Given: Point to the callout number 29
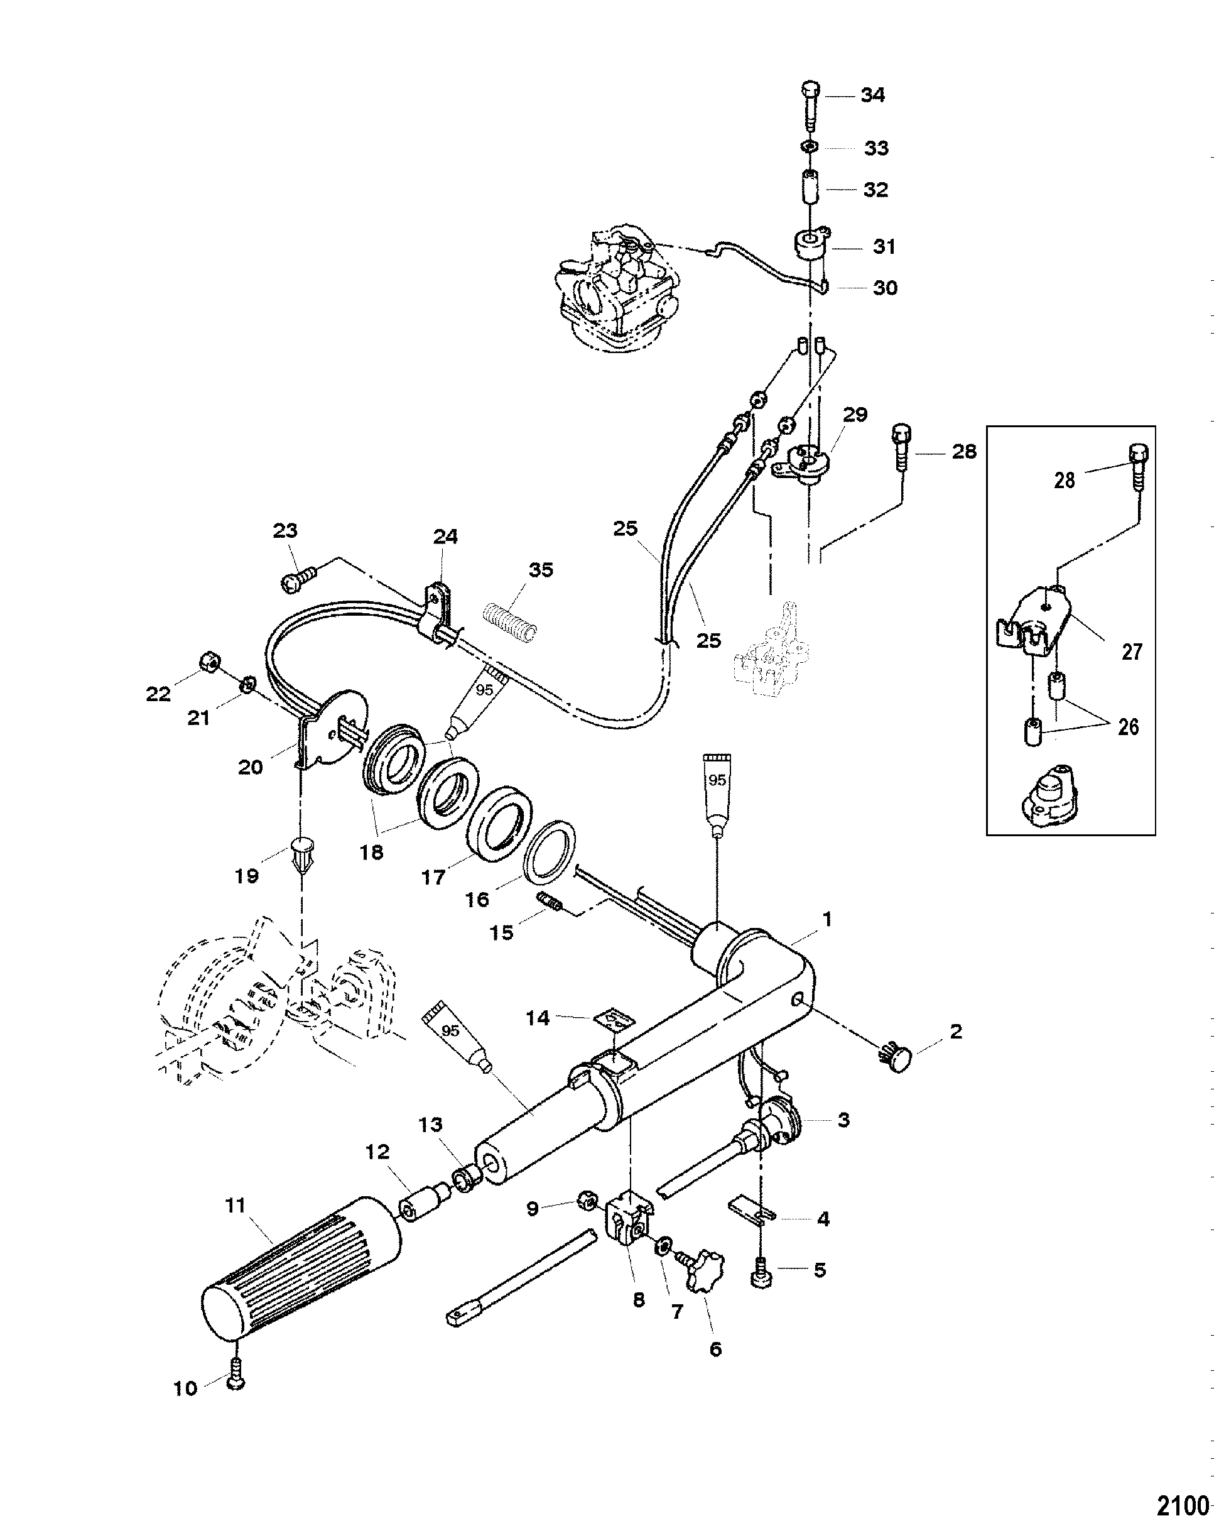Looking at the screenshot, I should [x=855, y=414].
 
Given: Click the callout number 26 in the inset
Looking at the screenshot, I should [x=1128, y=726].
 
